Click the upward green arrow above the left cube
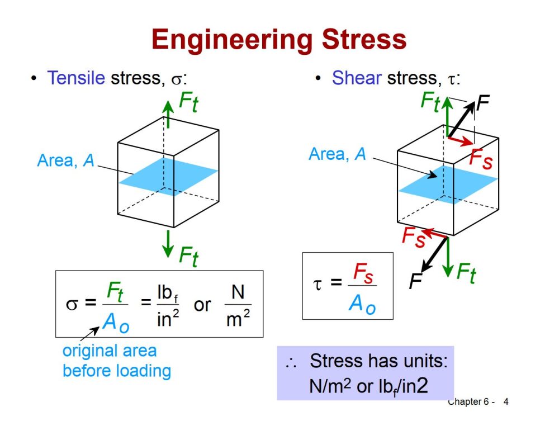click(x=168, y=114)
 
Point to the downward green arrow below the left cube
click(x=168, y=244)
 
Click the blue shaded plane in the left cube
click(x=168, y=177)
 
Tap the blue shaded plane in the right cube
click(x=448, y=185)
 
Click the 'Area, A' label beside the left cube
click(x=65, y=160)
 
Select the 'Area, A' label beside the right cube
click(x=337, y=154)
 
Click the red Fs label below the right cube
click(x=414, y=236)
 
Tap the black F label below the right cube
click(x=415, y=281)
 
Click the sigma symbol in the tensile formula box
click(x=72, y=304)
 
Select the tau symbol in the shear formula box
click(x=317, y=284)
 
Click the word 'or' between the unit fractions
click(x=202, y=305)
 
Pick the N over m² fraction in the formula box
click(x=238, y=305)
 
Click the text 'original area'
click(x=110, y=351)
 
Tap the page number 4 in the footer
click(x=506, y=402)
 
